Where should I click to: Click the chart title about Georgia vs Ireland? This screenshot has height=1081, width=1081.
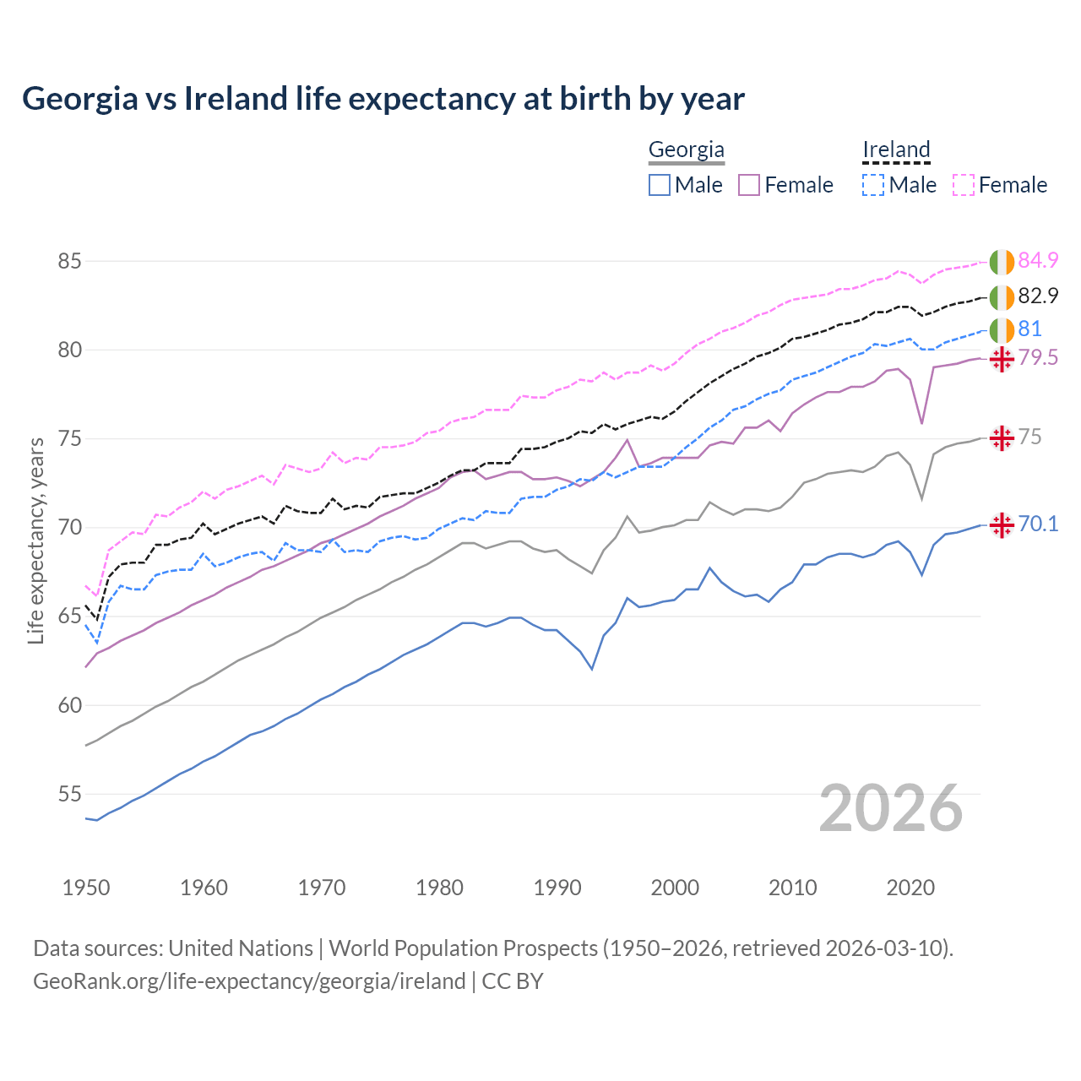pyautogui.click(x=383, y=99)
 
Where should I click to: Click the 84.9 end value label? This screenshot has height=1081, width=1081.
pyautogui.click(x=1038, y=260)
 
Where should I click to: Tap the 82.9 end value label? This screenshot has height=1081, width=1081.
pyautogui.click(x=1038, y=296)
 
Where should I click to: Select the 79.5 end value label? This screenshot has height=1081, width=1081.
pyautogui.click(x=1038, y=357)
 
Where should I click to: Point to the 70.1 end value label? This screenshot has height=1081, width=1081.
pyautogui.click(x=1038, y=524)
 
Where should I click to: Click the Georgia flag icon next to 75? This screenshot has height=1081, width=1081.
pyautogui.click(x=1002, y=437)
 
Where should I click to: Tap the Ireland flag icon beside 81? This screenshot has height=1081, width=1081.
pyautogui.click(x=1002, y=330)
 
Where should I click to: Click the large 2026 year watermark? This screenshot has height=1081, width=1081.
pyautogui.click(x=891, y=808)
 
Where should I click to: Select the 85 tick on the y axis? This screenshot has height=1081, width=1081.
pyautogui.click(x=69, y=261)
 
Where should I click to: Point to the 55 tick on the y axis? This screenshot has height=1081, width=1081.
pyautogui.click(x=69, y=794)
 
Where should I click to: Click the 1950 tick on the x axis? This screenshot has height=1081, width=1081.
pyautogui.click(x=86, y=888)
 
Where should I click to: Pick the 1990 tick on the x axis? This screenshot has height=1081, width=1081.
pyautogui.click(x=557, y=888)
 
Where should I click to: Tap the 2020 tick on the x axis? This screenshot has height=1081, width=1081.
pyautogui.click(x=910, y=888)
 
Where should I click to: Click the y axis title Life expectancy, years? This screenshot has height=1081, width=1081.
pyautogui.click(x=36, y=540)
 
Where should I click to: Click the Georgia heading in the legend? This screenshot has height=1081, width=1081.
pyautogui.click(x=686, y=150)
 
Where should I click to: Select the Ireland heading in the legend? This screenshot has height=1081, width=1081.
pyautogui.click(x=896, y=150)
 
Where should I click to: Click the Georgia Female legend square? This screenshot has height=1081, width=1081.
pyautogui.click(x=749, y=185)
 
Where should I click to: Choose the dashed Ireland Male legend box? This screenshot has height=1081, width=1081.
pyautogui.click(x=873, y=185)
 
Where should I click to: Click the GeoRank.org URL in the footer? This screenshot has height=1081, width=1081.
pyautogui.click(x=249, y=981)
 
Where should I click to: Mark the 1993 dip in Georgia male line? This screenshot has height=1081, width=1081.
pyautogui.click(x=592, y=669)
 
